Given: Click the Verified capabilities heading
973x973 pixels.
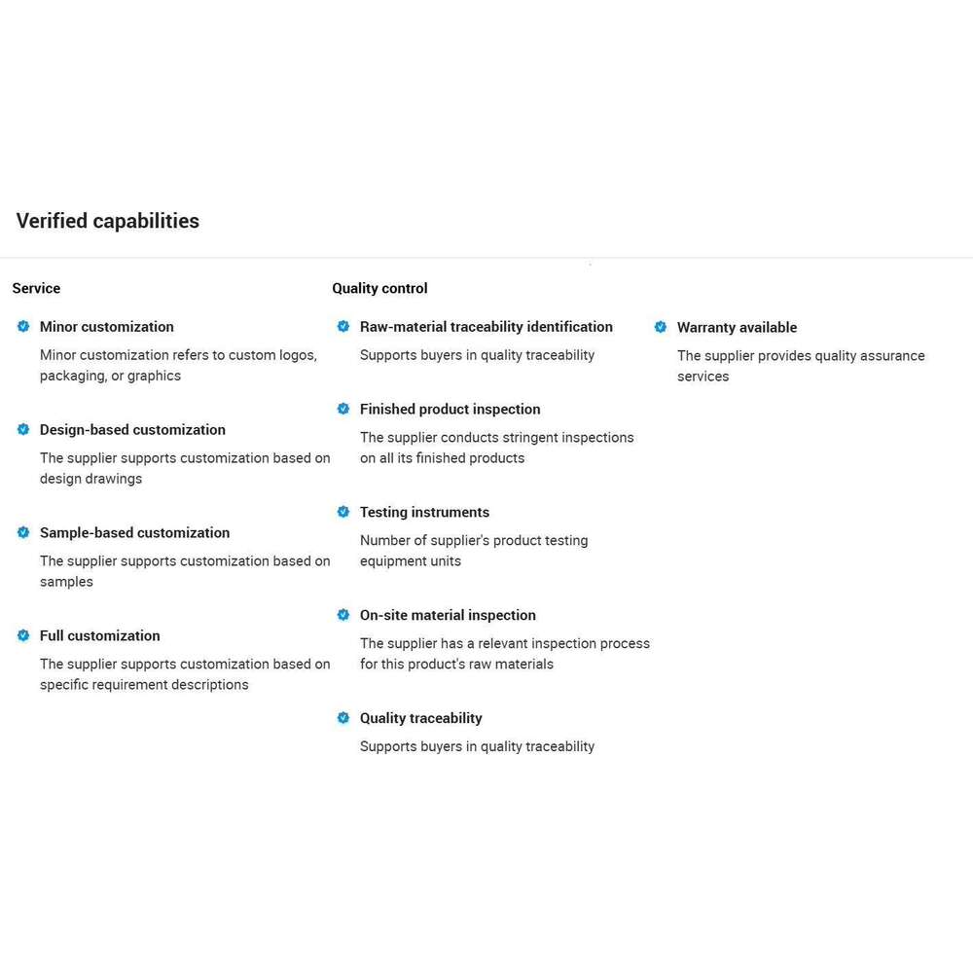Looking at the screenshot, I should pos(107,221).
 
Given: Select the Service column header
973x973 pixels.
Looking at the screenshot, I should pos(36,288).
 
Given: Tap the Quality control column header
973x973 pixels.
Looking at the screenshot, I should pos(379,288).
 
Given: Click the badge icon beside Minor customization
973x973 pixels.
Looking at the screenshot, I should pos(23,327).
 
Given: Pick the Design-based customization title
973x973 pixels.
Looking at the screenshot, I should pos(132,430).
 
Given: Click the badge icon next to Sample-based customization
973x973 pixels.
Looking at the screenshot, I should pos(23,532).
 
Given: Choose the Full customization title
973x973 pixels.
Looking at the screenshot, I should pos(99,636).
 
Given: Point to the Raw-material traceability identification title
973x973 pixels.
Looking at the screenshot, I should pos(486,327).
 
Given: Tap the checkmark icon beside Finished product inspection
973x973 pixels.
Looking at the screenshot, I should pos(343,410).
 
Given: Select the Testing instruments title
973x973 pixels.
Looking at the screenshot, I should pos(424,513).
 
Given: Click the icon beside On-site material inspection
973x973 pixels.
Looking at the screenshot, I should pos(343,615).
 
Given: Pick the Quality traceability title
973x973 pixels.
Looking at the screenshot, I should pos(420,718).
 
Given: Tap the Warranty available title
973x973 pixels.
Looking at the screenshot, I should pos(737,328).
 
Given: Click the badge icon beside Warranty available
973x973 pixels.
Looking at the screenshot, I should pos(661,328).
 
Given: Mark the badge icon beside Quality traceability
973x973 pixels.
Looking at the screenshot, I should pos(343,718).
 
